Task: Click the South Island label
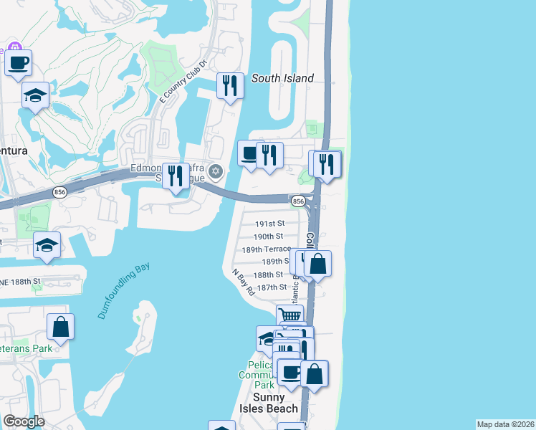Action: pyautogui.click(x=282, y=78)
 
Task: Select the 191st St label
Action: pyautogui.click(x=269, y=224)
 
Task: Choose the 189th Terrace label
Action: pyautogui.click(x=267, y=249)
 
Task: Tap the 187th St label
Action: pyautogui.click(x=272, y=287)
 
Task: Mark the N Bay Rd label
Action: pyautogui.click(x=244, y=282)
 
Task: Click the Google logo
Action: pyautogui.click(x=24, y=421)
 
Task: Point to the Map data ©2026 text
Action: pyautogui.click(x=505, y=424)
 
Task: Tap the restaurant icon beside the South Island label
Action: pyautogui.click(x=230, y=86)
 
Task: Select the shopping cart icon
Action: pyautogui.click(x=289, y=315)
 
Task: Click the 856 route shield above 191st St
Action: pyautogui.click(x=299, y=202)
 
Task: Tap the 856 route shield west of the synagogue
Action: pyautogui.click(x=59, y=192)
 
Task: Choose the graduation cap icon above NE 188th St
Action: pyautogui.click(x=47, y=245)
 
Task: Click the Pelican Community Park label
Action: pyautogui.click(x=256, y=373)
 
